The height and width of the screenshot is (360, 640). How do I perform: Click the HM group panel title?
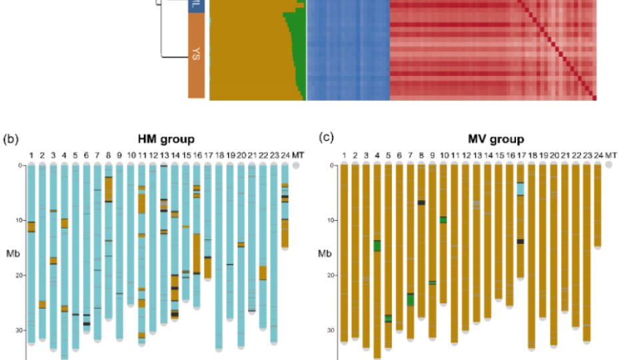(x=166, y=139)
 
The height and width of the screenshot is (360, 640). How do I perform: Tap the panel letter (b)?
(x=11, y=139)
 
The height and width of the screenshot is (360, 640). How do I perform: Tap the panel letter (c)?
(x=326, y=138)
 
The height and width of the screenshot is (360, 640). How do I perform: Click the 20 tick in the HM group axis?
(x=19, y=275)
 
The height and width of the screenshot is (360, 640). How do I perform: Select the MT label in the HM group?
(x=296, y=155)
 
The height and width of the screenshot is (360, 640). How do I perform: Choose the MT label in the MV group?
(x=611, y=155)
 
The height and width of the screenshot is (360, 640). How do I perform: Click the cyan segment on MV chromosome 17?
(x=520, y=189)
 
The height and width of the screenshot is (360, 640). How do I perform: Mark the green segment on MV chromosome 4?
(x=377, y=246)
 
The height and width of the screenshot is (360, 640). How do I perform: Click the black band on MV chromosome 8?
(x=421, y=202)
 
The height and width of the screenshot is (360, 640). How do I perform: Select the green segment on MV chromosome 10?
(x=443, y=219)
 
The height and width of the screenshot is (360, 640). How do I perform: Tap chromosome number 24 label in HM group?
(x=285, y=155)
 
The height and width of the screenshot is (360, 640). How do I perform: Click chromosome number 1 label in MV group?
(x=344, y=155)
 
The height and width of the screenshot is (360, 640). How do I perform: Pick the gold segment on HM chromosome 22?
(x=263, y=273)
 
